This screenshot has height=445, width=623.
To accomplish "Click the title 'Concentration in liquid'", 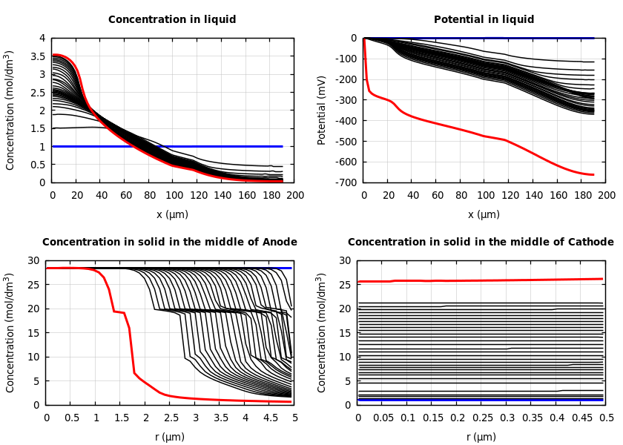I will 172,20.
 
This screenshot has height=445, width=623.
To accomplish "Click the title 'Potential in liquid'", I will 484,20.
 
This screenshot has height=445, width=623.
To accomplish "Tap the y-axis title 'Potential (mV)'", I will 322,110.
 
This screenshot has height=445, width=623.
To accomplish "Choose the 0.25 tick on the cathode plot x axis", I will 483,418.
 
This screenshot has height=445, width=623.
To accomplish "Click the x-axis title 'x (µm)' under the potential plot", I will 484,214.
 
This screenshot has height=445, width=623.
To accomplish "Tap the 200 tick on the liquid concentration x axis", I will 295,196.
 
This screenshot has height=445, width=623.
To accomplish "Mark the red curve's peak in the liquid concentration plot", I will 55,54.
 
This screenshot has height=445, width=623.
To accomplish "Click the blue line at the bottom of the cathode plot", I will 482,400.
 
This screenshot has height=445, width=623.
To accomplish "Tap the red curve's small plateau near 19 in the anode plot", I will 119,312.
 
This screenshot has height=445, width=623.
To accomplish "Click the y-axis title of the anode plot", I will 10,332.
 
